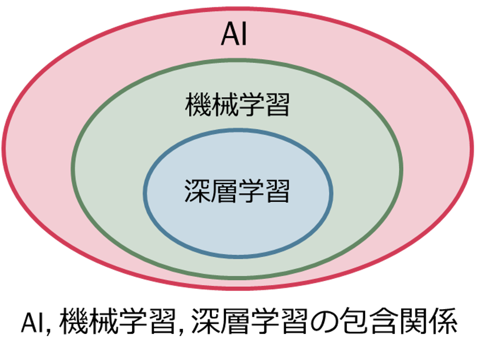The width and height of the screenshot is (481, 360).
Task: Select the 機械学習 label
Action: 238,105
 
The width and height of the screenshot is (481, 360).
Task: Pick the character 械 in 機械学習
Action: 225,105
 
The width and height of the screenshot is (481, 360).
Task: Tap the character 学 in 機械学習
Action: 251,105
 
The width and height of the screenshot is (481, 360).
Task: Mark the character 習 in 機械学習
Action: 277,105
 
